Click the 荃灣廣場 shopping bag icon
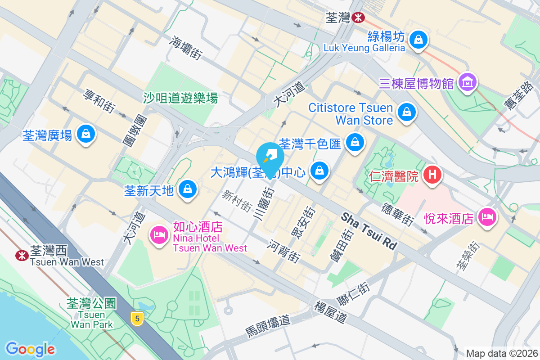point(85,134)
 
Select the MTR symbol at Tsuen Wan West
point(21,256)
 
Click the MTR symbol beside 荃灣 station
point(358,18)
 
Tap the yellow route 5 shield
point(137,319)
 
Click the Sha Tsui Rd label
point(369,231)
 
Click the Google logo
point(30,349)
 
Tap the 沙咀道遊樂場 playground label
point(180,98)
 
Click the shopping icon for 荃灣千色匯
point(355,143)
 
